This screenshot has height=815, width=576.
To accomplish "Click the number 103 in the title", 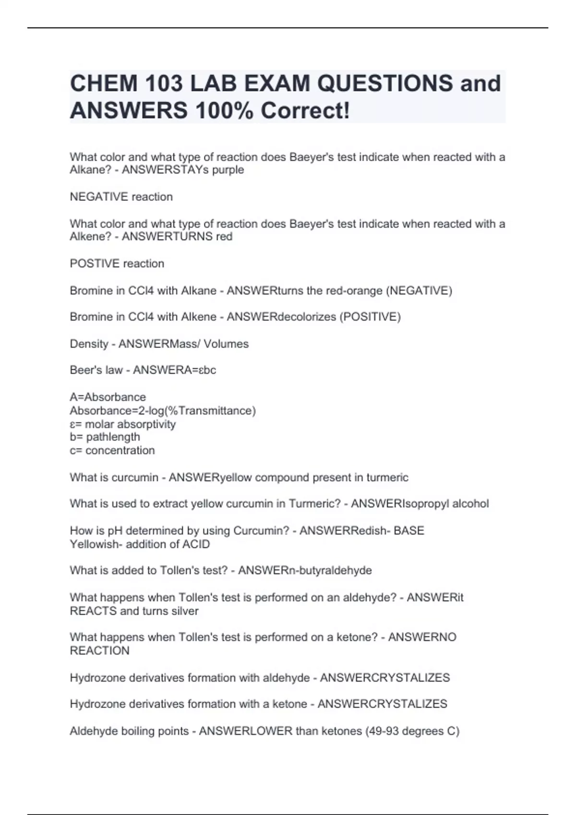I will click(x=156, y=83).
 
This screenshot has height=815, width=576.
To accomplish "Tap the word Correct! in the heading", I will click(x=305, y=111).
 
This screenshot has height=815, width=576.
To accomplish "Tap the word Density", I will click(x=89, y=344).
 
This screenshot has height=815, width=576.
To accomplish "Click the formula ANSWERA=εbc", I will click(x=174, y=370).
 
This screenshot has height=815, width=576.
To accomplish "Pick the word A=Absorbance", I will click(x=108, y=397).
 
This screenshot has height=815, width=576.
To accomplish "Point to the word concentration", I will click(x=120, y=451).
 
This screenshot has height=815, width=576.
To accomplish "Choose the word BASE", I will click(x=409, y=531).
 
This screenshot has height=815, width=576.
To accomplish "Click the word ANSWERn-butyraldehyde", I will click(x=305, y=570).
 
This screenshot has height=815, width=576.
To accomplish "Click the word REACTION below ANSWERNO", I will click(x=99, y=651).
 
